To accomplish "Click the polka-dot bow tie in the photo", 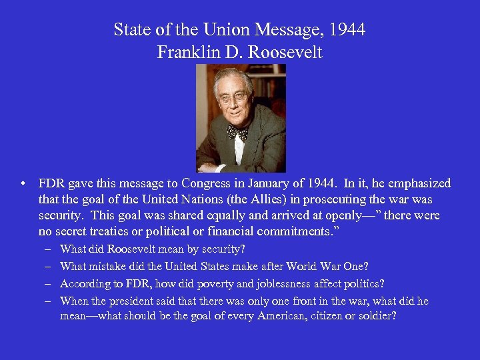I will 237,132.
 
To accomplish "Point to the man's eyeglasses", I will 233,97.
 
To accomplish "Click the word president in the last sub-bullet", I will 122,301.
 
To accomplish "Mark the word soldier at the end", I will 377,315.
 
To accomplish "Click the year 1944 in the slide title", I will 347,30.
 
